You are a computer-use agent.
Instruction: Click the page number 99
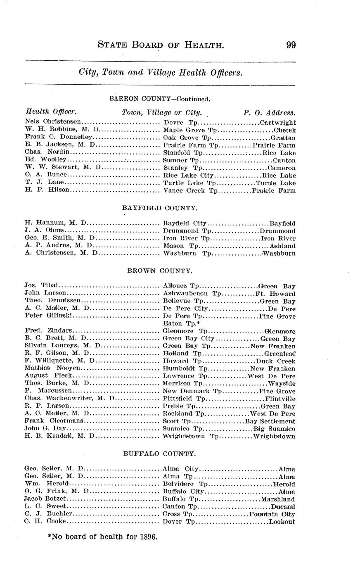tap(291, 45)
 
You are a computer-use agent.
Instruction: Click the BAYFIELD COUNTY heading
tap(160, 208)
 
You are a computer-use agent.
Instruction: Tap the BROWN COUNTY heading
tap(160, 271)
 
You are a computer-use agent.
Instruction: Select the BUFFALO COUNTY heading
tap(160, 454)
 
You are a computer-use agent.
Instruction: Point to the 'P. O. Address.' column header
tap(269, 112)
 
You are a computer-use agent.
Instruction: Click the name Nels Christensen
tap(53, 122)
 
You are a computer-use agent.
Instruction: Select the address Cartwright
tap(278, 123)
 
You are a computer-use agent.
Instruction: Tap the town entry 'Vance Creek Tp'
tap(190, 190)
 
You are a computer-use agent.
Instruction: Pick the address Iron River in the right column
tap(278, 238)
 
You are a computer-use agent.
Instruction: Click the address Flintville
tap(280, 399)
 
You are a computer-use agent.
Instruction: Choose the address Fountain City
tap(272, 514)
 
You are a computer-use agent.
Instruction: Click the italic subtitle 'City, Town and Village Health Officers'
tap(160, 73)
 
